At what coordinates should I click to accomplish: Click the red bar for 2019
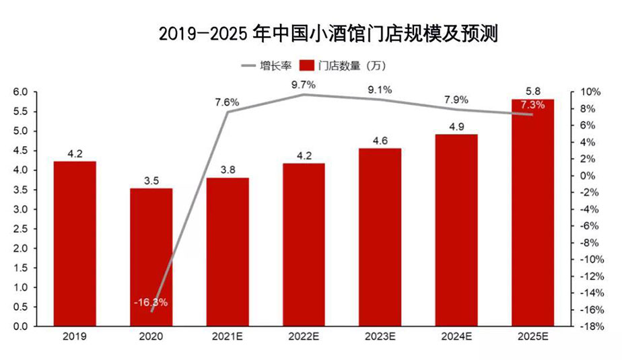click(74, 244)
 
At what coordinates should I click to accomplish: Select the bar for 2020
click(151, 257)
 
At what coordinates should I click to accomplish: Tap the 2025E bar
click(532, 213)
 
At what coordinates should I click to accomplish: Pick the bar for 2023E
click(380, 237)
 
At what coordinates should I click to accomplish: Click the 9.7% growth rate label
click(304, 85)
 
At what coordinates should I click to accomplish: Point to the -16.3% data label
click(151, 302)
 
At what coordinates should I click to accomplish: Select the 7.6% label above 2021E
click(227, 102)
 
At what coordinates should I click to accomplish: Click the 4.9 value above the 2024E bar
click(456, 126)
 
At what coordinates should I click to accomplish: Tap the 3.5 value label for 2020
click(151, 180)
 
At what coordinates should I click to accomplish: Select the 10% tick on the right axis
click(584, 92)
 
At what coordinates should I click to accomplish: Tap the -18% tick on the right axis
click(583, 326)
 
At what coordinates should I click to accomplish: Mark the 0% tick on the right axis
click(584, 176)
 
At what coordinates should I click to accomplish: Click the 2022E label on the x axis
click(304, 336)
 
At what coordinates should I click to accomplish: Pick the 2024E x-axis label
click(456, 336)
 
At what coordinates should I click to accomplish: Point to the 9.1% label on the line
click(380, 89)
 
